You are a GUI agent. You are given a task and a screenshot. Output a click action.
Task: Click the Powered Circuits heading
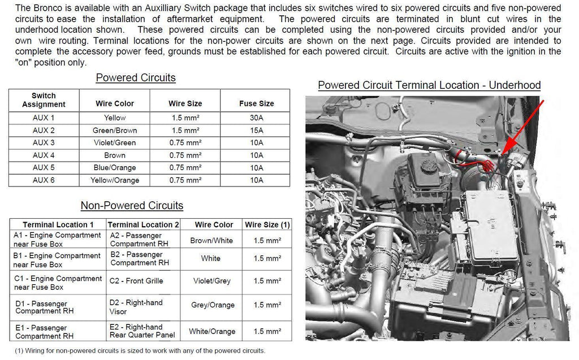click(136, 78)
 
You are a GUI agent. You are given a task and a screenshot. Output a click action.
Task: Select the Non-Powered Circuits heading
click(132, 206)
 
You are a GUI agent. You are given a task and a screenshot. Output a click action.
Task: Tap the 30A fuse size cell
click(256, 118)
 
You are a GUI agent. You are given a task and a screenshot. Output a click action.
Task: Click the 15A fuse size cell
click(256, 131)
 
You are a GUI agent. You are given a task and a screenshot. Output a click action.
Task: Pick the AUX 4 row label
click(44, 155)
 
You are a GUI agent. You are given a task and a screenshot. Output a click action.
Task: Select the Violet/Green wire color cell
click(115, 143)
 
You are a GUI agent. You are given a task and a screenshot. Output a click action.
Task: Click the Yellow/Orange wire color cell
click(115, 180)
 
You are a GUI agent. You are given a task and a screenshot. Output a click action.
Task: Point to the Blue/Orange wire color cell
click(115, 168)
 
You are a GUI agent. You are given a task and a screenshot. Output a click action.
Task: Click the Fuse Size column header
click(256, 103)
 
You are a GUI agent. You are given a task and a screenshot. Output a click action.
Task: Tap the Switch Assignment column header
click(44, 100)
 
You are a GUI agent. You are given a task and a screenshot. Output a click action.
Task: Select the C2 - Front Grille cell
click(136, 281)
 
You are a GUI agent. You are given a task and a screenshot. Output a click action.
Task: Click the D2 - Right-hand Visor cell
click(136, 307)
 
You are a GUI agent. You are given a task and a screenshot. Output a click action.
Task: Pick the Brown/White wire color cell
click(211, 240)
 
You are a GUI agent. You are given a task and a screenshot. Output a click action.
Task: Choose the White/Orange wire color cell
click(211, 332)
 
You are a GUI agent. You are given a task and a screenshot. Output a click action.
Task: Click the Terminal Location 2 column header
click(143, 225)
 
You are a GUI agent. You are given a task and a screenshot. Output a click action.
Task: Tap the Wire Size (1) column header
click(267, 225)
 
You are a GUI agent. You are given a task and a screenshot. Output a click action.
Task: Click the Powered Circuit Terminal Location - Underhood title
click(429, 85)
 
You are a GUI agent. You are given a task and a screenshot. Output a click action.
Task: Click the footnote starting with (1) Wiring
click(140, 351)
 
